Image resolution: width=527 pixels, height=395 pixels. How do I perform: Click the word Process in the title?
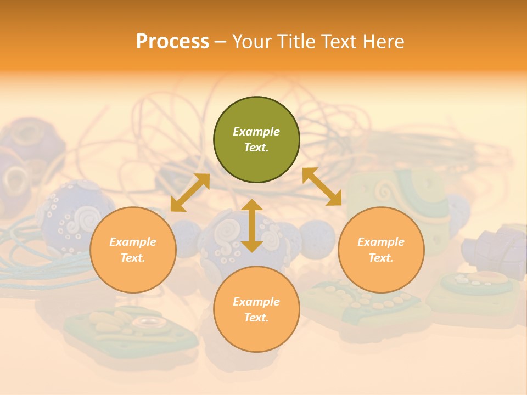172,42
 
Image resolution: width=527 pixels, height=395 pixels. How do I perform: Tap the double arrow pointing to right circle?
322,187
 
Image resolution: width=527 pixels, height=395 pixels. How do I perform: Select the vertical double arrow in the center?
252,225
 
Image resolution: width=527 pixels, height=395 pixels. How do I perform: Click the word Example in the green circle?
256,132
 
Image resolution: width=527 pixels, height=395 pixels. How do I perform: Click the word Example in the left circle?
133,242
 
